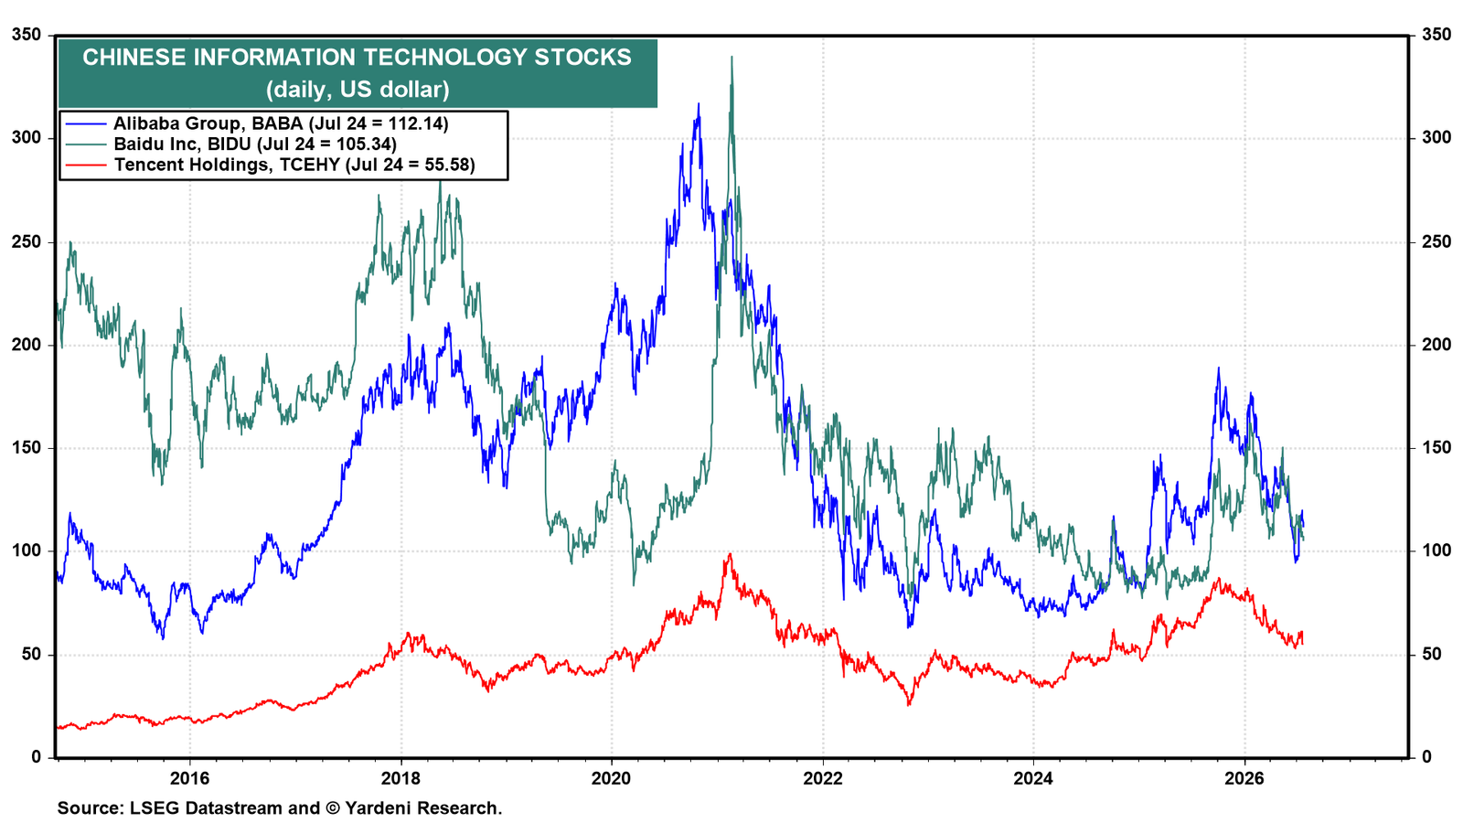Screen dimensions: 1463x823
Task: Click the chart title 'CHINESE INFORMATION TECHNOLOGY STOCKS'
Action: pyautogui.click(x=358, y=58)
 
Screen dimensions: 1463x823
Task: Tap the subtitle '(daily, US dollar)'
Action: pyautogui.click(x=358, y=89)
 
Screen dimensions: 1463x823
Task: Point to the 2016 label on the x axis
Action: pyautogui.click(x=189, y=778)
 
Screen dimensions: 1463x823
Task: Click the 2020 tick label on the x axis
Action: pyautogui.click(x=612, y=778)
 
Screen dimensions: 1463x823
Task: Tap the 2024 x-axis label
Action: pyautogui.click(x=1034, y=778)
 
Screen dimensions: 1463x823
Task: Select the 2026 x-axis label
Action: pyautogui.click(x=1244, y=778)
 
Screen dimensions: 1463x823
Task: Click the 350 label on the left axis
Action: pyautogui.click(x=27, y=35)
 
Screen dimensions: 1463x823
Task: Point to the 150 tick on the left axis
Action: pyautogui.click(x=27, y=448)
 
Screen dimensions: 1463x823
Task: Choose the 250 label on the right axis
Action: pyautogui.click(x=1436, y=241)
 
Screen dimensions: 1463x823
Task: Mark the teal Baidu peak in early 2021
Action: pyautogui.click(x=731, y=57)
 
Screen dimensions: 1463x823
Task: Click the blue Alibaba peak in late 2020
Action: pyautogui.click(x=699, y=103)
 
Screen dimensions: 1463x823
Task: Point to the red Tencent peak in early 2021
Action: pyautogui.click(x=731, y=554)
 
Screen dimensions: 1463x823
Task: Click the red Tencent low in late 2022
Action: pyautogui.click(x=909, y=705)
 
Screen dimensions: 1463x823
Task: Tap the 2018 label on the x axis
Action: pyautogui.click(x=401, y=778)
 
